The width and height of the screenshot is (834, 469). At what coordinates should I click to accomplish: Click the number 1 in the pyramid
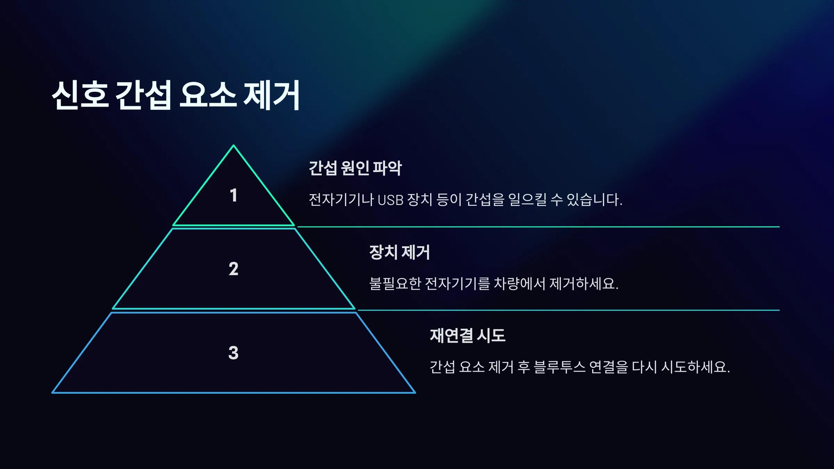point(234,195)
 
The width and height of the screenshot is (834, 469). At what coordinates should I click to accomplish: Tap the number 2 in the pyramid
point(234,269)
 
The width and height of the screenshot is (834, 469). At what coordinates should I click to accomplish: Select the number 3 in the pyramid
point(234,353)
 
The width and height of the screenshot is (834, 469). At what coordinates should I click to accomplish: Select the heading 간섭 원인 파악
point(355,168)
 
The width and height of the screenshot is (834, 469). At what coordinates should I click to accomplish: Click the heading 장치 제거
point(400,252)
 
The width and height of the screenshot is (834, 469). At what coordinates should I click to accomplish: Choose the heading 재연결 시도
point(468,336)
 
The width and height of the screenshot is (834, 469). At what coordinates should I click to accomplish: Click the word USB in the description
point(390,200)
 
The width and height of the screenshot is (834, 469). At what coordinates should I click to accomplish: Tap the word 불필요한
point(395,283)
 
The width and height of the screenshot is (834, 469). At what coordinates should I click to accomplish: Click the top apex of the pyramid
point(234,145)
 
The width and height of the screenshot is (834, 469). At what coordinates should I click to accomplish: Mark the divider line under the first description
point(539,227)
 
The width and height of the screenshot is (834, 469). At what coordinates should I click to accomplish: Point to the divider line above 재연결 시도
point(569,310)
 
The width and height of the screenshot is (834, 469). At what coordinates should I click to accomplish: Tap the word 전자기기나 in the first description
point(341,200)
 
